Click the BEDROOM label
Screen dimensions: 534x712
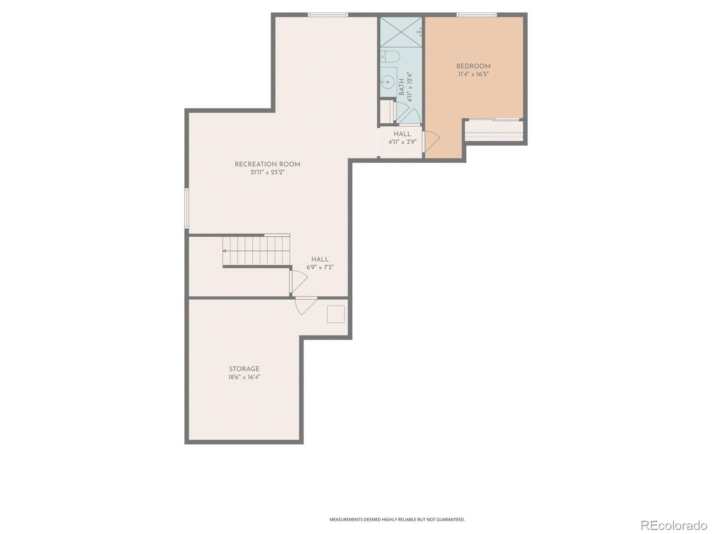click(x=473, y=66)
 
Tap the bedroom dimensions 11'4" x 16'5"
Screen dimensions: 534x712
click(x=473, y=74)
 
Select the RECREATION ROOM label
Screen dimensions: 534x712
click(x=267, y=164)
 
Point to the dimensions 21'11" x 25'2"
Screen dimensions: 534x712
click(x=267, y=172)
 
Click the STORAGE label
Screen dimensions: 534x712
click(x=244, y=369)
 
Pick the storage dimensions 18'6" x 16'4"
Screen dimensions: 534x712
click(x=244, y=377)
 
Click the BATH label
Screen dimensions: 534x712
click(x=402, y=88)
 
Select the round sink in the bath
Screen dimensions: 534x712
click(x=387, y=82)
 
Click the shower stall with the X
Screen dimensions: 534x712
click(x=400, y=32)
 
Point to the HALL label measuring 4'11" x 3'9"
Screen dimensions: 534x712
click(x=402, y=134)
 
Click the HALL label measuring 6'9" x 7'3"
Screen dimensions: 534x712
click(x=320, y=259)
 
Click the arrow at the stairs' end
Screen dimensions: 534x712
click(x=225, y=251)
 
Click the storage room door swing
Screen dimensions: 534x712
click(x=305, y=305)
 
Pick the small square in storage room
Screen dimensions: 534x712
click(x=336, y=314)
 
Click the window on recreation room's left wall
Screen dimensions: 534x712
click(x=187, y=208)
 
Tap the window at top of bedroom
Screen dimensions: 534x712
click(x=476, y=15)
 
